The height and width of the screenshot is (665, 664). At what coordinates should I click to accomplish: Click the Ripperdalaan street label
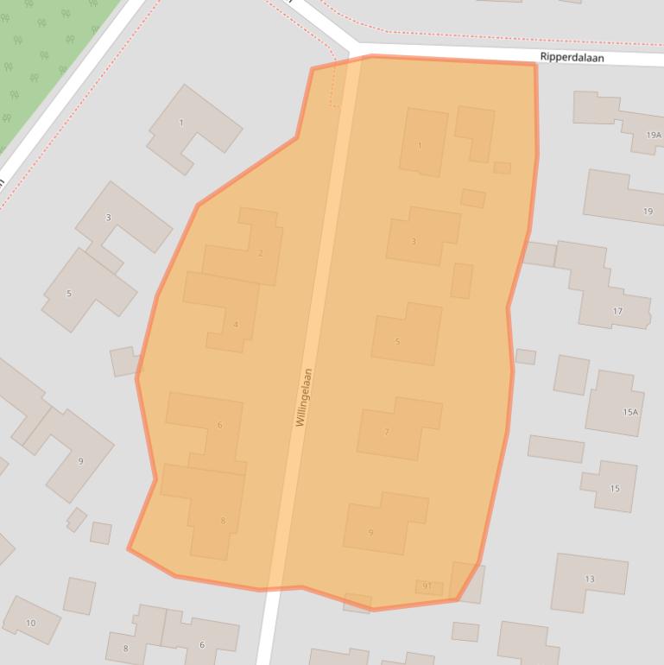point(572,58)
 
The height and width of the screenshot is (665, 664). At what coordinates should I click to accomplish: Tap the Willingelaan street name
point(303,397)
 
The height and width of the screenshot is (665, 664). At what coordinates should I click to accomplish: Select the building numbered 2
point(261,253)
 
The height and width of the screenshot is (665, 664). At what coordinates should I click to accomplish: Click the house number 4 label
point(236,325)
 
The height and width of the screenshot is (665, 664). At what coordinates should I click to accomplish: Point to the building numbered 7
point(387,432)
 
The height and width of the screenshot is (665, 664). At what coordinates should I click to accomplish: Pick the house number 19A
point(653,136)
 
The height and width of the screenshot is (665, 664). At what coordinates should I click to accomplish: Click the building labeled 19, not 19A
point(648,212)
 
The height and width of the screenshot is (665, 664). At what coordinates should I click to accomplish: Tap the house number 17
point(617,311)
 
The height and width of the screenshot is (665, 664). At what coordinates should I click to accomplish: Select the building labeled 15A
point(630,412)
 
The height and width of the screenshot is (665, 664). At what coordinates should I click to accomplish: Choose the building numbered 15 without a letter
point(615,489)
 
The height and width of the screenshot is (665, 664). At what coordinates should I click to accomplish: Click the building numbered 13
point(590,579)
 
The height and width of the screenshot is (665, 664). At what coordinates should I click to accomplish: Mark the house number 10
point(31,623)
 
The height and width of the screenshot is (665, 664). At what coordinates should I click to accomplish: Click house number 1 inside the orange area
point(420,145)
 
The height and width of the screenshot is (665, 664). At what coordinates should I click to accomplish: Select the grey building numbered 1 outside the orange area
point(181,123)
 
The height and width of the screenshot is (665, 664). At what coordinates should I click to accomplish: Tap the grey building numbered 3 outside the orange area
point(108,218)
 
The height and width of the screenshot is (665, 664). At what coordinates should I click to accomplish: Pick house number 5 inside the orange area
point(397,341)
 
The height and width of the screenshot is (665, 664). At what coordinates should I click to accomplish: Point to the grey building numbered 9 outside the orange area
point(80,461)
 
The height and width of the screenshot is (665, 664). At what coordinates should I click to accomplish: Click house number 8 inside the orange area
point(223,520)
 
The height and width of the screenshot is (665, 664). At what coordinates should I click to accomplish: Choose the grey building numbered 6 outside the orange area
point(202,644)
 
